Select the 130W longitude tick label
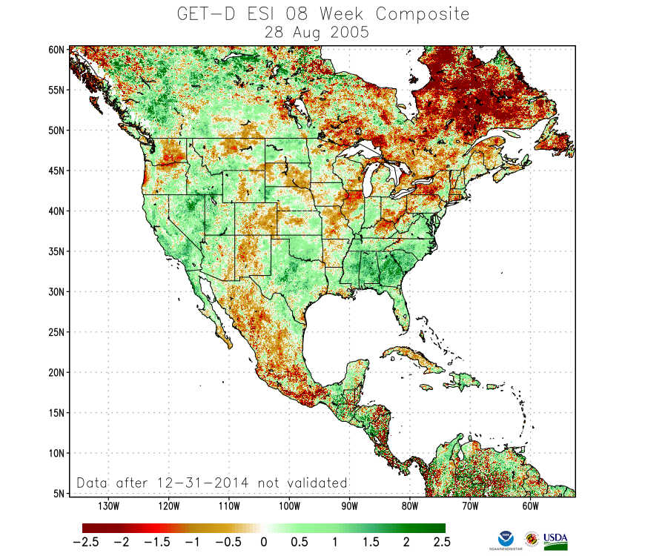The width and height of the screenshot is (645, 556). [108, 507]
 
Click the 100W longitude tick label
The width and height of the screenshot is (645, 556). [289, 507]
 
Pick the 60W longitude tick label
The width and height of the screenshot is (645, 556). [529, 507]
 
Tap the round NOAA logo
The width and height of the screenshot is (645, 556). [508, 539]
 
